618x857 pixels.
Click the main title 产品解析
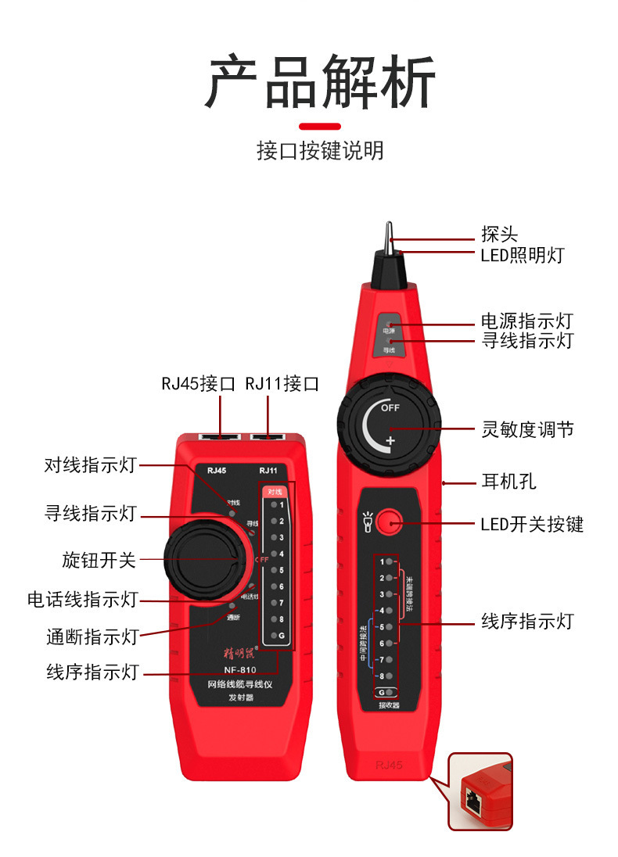click(320, 83)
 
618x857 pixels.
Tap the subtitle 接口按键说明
click(320, 150)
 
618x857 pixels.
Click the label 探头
click(499, 235)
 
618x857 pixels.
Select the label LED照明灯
click(522, 255)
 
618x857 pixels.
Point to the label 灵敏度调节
click(527, 429)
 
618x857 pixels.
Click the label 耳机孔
click(508, 482)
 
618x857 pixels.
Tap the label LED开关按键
click(532, 524)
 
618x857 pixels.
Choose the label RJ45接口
click(198, 383)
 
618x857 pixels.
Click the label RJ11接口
click(282, 383)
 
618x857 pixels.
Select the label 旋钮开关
click(99, 560)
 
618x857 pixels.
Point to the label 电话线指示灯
click(82, 600)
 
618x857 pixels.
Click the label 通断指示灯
click(92, 636)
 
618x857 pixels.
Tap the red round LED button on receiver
click(389, 522)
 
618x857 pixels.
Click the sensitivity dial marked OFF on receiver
click(389, 427)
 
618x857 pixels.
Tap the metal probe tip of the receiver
click(389, 235)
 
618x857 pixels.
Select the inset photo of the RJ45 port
click(480, 791)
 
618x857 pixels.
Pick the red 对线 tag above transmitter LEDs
click(275, 492)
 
